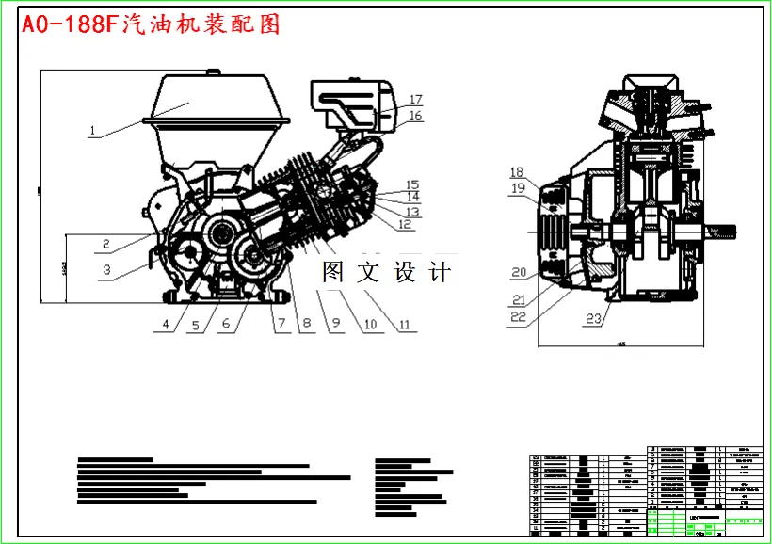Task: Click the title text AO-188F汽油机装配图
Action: (151, 24)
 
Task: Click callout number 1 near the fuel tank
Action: (92, 132)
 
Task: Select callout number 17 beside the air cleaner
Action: (415, 99)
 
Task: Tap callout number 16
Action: (415, 116)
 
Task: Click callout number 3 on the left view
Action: (107, 270)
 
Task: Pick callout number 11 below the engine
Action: (405, 326)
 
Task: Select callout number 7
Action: (280, 326)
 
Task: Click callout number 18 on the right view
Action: (516, 172)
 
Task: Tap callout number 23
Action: (592, 319)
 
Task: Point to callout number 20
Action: (518, 273)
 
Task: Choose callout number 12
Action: (404, 225)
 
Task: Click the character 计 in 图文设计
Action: (439, 273)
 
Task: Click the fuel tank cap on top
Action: (214, 72)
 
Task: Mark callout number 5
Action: (196, 326)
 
